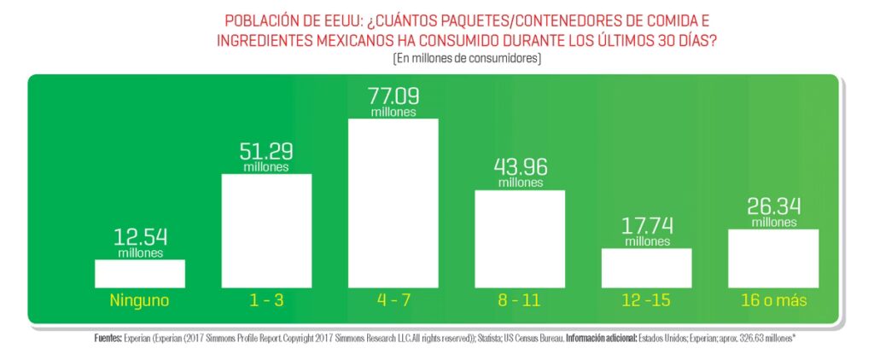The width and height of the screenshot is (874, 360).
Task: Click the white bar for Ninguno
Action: click(x=140, y=273)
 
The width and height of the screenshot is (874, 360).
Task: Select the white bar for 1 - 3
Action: click(x=266, y=230)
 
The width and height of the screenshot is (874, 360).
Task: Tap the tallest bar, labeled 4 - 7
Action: click(x=393, y=202)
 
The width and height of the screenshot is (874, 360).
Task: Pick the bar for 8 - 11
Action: click(x=520, y=238)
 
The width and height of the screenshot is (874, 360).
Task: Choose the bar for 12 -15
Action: click(x=646, y=267)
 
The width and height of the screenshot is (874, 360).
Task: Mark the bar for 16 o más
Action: click(x=774, y=258)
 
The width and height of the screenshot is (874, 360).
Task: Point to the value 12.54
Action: click(x=140, y=238)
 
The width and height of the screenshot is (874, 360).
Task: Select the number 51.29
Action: click(x=266, y=153)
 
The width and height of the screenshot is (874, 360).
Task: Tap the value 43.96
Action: click(x=520, y=168)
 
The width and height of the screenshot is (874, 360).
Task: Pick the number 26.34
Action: click(x=774, y=208)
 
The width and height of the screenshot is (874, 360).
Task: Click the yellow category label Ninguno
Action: click(x=140, y=300)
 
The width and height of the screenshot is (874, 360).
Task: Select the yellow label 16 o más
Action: click(x=774, y=300)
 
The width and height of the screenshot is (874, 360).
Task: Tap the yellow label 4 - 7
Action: click(x=393, y=300)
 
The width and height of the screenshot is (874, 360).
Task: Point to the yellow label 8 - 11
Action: click(x=520, y=300)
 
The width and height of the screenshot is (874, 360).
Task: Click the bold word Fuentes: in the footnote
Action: click(x=111, y=338)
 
